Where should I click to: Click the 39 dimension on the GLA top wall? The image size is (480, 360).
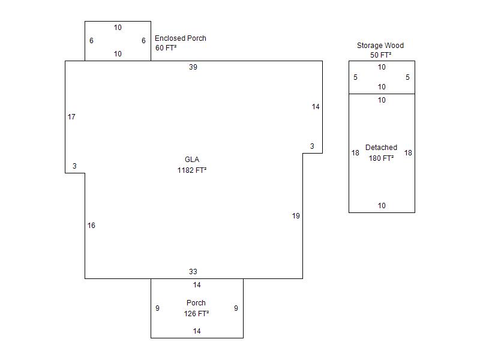pyautogui.click(x=193, y=67)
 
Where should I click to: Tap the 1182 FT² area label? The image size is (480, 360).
pyautogui.click(x=192, y=170)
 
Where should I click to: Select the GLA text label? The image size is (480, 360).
pyautogui.click(x=192, y=160)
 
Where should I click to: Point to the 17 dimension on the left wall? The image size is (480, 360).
pyautogui.click(x=71, y=117)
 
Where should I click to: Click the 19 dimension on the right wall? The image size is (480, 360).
pyautogui.click(x=296, y=216)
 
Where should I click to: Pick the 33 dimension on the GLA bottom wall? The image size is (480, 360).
pyautogui.click(x=193, y=272)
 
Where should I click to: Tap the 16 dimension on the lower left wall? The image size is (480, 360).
pyautogui.click(x=91, y=226)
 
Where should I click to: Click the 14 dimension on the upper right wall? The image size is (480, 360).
pyautogui.click(x=316, y=107)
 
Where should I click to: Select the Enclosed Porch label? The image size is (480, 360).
pyautogui.click(x=181, y=38)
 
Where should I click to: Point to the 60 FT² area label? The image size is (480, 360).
pyautogui.click(x=166, y=48)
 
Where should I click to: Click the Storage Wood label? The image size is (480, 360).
pyautogui.click(x=380, y=46)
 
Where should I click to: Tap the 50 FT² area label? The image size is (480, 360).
pyautogui.click(x=381, y=55)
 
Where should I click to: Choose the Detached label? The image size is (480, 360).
pyautogui.click(x=381, y=148)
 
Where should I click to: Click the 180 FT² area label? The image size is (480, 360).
pyautogui.click(x=381, y=158)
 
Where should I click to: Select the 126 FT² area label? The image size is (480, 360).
pyautogui.click(x=196, y=313)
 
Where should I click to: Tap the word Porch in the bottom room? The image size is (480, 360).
pyautogui.click(x=196, y=303)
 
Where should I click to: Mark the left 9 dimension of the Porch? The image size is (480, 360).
pyautogui.click(x=157, y=308)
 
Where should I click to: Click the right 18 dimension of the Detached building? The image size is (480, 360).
pyautogui.click(x=408, y=153)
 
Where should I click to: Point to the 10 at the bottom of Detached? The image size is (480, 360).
pyautogui.click(x=382, y=206)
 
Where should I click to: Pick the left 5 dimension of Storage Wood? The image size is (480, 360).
pyautogui.click(x=355, y=77)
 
